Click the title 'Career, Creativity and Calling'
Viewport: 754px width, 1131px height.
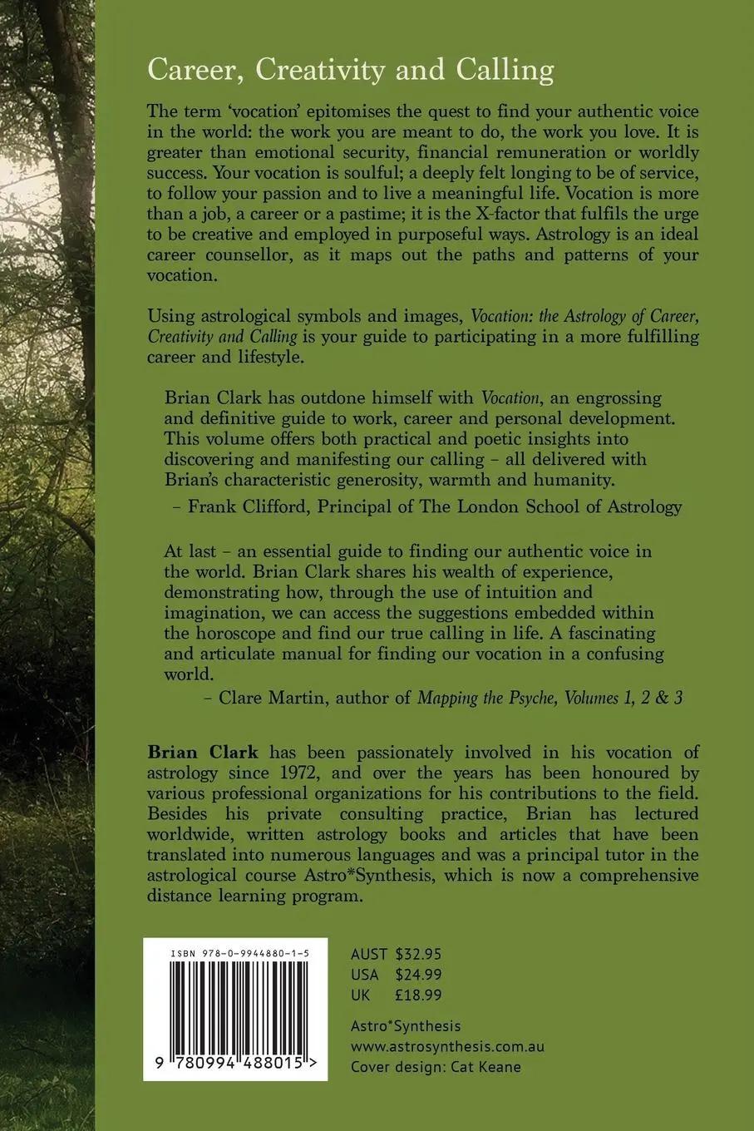(350, 71)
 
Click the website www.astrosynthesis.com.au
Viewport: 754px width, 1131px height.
(447, 1047)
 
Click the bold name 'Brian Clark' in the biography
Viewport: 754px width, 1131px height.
(203, 753)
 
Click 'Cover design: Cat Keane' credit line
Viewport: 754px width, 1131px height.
(436, 1067)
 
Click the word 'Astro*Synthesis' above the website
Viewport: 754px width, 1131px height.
(406, 1026)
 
